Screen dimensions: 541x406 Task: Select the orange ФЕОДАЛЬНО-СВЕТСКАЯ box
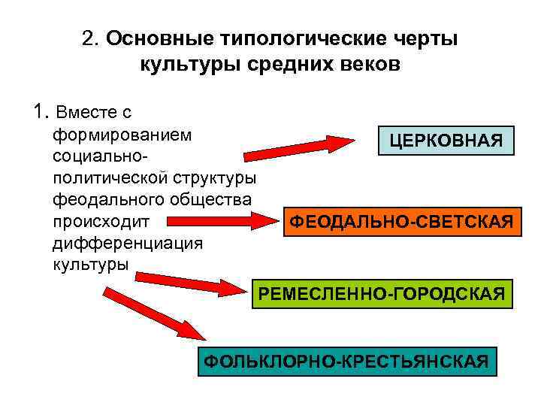coord(403,222)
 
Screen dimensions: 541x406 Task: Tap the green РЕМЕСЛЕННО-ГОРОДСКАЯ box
coord(382,292)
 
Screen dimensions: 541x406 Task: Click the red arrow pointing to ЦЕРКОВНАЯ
coord(301,148)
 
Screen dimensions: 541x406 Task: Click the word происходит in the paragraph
coord(102,222)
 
